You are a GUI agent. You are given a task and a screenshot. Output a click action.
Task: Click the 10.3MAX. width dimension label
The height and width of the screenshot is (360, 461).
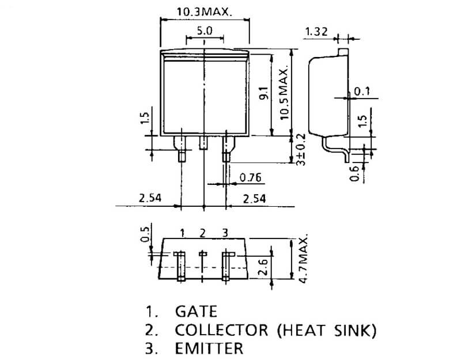(x=205, y=12)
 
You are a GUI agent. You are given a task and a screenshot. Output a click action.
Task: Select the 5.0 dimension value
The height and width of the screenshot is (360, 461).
(x=205, y=31)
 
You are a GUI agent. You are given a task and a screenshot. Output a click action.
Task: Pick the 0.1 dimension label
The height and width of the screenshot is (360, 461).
(x=362, y=91)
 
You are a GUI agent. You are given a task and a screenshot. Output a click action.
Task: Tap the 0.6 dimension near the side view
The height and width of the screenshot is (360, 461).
(x=354, y=172)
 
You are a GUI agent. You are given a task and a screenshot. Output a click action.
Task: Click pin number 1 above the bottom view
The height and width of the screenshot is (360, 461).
(x=182, y=233)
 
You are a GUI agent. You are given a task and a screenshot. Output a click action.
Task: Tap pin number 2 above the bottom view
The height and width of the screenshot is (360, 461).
(x=202, y=233)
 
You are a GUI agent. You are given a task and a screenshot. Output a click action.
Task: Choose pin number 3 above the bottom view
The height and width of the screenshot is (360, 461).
(x=225, y=233)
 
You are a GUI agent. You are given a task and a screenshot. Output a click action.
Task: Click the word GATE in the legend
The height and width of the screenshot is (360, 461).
(x=196, y=312)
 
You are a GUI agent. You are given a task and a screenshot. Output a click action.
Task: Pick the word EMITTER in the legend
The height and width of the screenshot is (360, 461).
(x=209, y=348)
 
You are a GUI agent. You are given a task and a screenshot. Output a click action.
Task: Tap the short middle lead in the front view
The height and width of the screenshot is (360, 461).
(x=203, y=143)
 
